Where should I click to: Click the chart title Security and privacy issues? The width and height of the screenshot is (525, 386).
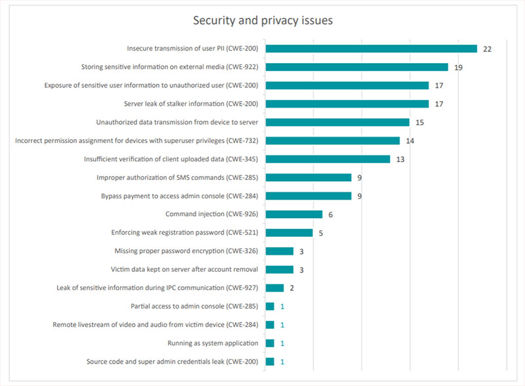pyautogui.click(x=262, y=20)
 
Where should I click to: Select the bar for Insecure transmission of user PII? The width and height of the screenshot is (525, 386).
pyautogui.click(x=371, y=49)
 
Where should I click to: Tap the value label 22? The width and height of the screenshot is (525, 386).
pyautogui.click(x=487, y=49)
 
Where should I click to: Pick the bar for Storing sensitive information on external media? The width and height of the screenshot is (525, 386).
pyautogui.click(x=356, y=67)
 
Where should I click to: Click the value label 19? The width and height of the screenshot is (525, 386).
pyautogui.click(x=458, y=68)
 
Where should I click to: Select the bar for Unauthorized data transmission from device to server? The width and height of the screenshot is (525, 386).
pyautogui.click(x=337, y=122)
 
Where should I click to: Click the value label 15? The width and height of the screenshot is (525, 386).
pyautogui.click(x=419, y=123)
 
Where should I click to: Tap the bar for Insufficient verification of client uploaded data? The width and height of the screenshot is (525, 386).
pyautogui.click(x=327, y=159)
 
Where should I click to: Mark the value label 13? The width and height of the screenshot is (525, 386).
pyautogui.click(x=400, y=160)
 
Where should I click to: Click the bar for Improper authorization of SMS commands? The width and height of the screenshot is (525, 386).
pyautogui.click(x=308, y=177)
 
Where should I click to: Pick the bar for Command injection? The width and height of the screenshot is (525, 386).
pyautogui.click(x=294, y=214)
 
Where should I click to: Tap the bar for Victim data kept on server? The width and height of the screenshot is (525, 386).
pyautogui.click(x=280, y=269)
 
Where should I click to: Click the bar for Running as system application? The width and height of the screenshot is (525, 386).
pyautogui.click(x=270, y=343)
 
